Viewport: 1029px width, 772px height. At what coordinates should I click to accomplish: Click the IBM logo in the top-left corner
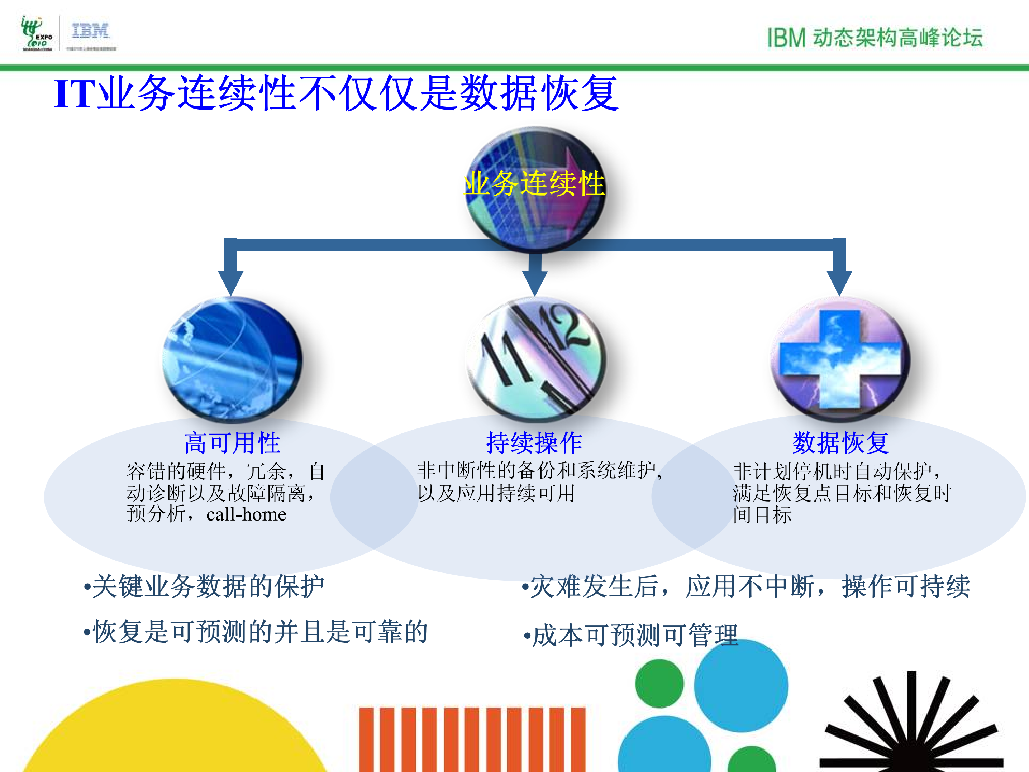tap(90, 32)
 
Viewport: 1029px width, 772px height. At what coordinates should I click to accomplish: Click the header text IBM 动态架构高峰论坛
tap(875, 38)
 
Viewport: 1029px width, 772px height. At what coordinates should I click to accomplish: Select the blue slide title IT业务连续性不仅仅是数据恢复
tap(336, 93)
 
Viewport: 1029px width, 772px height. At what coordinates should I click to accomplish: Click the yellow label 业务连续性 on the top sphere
tap(535, 183)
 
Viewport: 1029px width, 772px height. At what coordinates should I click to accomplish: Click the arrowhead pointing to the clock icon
tap(535, 281)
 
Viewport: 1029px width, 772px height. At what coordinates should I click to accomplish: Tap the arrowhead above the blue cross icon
tap(839, 281)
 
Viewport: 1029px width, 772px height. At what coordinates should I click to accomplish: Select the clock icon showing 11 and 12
tap(536, 359)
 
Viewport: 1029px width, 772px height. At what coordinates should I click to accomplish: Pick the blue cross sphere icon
tap(840, 359)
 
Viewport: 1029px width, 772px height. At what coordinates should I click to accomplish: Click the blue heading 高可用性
tap(232, 442)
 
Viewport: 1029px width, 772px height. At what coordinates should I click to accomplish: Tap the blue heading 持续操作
tap(534, 442)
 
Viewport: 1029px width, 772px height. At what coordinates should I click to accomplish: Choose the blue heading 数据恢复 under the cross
tap(840, 442)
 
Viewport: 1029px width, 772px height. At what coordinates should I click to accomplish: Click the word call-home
tap(246, 514)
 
